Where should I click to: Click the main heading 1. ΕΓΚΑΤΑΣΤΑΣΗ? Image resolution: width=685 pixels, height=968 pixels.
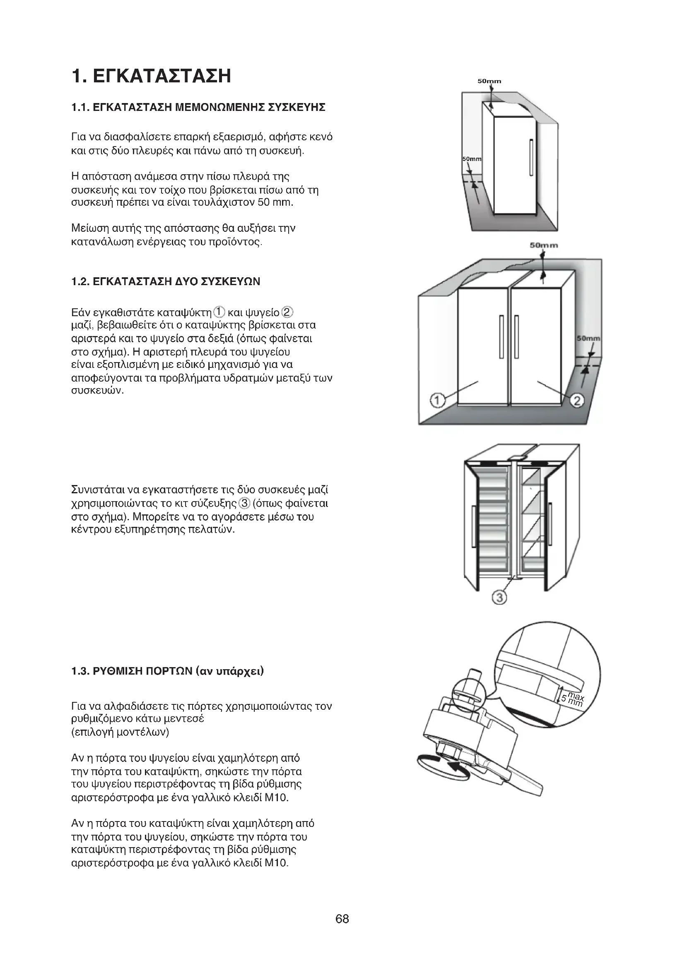[152, 76]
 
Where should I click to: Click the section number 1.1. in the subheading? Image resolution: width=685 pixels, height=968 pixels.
[80, 108]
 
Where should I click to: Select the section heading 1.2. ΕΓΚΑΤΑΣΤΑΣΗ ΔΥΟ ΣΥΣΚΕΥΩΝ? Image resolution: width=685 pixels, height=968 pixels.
[166, 282]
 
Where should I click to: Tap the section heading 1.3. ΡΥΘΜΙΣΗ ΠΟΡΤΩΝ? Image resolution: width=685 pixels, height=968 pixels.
[167, 671]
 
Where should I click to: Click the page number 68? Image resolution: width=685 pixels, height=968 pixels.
[342, 919]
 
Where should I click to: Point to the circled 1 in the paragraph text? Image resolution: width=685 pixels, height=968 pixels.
[219, 312]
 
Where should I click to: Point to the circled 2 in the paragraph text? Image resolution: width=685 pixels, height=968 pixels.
[287, 312]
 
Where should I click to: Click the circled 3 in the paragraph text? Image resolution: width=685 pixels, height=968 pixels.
[244, 503]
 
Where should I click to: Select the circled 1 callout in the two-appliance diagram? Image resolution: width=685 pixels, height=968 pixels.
[437, 400]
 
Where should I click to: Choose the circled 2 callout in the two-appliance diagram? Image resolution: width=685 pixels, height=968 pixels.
[576, 400]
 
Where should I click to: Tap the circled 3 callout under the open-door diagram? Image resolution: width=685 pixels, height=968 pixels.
[499, 598]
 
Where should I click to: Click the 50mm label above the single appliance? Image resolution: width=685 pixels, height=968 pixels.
[489, 81]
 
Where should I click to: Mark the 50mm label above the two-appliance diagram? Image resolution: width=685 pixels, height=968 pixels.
[544, 245]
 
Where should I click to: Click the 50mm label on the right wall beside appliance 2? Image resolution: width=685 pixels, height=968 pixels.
[589, 339]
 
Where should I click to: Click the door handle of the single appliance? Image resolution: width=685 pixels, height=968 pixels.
[531, 158]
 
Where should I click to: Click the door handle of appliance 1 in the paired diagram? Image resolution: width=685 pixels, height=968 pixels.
[501, 337]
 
